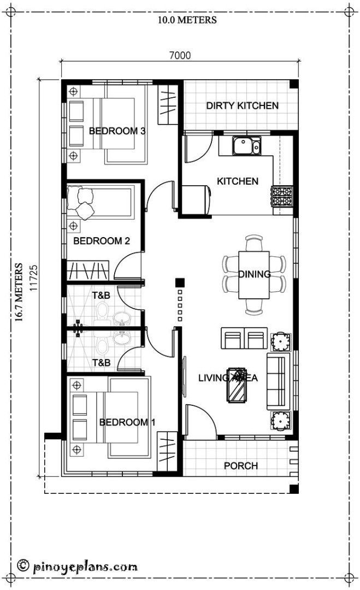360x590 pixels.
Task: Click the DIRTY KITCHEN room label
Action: pos(242,105)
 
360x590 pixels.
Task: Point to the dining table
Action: pos(254,274)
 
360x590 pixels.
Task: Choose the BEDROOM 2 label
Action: pos(101,240)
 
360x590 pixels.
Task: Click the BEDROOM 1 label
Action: pos(127,422)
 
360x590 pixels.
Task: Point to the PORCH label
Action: pos(241,465)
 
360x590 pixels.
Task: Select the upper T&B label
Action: pos(101,296)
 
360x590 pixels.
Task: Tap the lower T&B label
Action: pos(101,362)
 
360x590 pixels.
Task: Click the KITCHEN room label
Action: pos(238,181)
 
